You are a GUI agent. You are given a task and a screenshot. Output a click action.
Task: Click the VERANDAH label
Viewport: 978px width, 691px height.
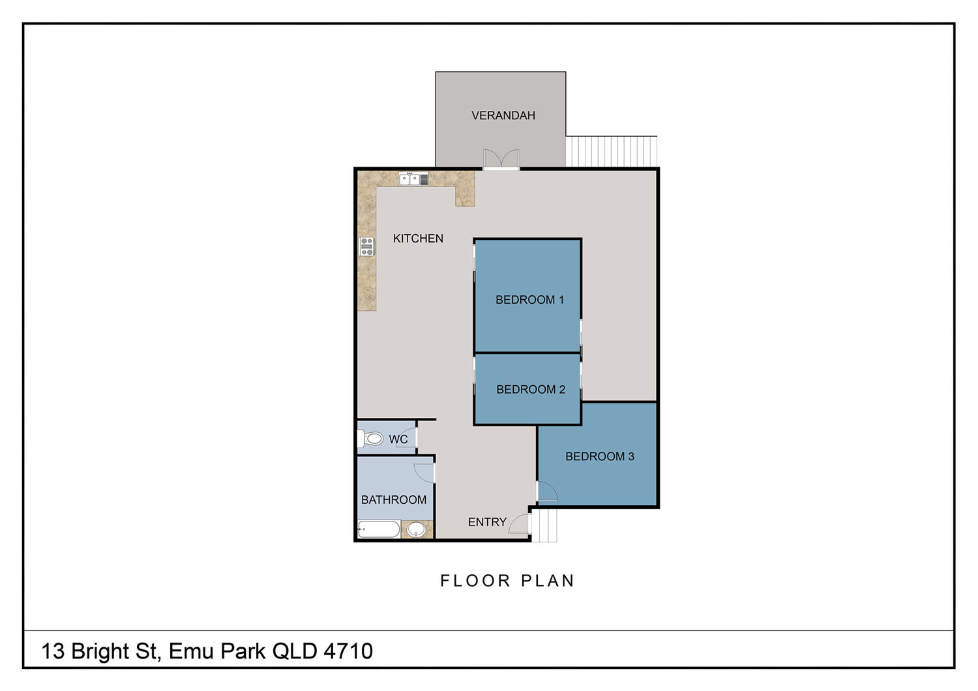(x=503, y=115)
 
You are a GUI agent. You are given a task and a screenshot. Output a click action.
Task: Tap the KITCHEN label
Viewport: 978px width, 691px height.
(x=418, y=239)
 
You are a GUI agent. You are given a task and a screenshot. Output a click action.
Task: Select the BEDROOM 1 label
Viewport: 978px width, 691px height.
(x=529, y=300)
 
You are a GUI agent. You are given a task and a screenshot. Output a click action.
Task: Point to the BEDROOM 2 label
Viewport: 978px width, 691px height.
(x=531, y=389)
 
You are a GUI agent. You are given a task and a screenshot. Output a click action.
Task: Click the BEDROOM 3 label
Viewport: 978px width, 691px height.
(x=599, y=456)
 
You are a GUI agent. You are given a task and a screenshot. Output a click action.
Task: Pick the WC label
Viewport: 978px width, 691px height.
(x=398, y=439)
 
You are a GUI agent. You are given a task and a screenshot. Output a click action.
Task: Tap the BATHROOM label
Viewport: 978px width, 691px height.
(x=394, y=500)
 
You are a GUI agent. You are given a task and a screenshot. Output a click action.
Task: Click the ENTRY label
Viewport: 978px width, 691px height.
(x=487, y=522)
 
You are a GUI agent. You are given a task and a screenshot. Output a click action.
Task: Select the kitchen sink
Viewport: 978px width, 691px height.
(x=413, y=179)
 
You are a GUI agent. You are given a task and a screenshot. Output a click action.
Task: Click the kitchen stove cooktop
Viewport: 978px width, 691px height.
(x=366, y=246)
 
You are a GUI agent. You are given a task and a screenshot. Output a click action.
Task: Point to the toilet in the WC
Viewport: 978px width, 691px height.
(x=370, y=438)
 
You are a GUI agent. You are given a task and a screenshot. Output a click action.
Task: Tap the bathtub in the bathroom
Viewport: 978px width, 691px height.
(x=379, y=529)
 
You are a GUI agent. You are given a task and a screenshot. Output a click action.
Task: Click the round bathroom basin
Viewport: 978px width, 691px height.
(x=416, y=530)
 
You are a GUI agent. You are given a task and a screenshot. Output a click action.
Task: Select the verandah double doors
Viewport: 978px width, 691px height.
(x=501, y=158)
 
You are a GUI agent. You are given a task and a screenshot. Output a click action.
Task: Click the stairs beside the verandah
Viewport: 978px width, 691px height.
(x=612, y=151)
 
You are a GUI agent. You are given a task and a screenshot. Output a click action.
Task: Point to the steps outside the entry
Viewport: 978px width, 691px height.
(x=544, y=526)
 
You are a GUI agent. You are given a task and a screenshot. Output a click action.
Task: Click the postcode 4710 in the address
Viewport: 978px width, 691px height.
(x=348, y=651)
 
